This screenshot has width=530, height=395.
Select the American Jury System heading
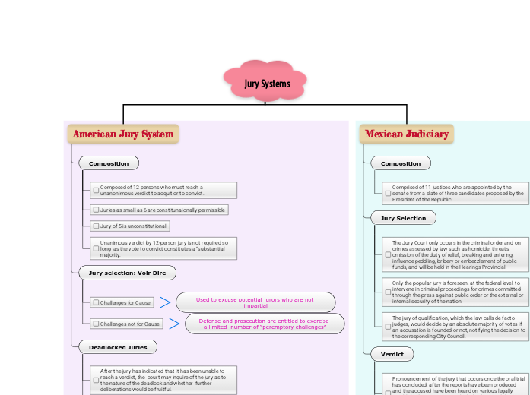(123, 134)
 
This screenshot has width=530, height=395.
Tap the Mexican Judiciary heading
(406, 134)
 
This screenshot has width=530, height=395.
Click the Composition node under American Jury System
(109, 163)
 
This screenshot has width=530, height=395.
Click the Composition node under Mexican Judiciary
(400, 163)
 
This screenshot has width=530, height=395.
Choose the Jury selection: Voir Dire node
(128, 273)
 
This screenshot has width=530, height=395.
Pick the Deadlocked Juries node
(118, 347)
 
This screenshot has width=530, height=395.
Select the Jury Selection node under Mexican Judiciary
(403, 218)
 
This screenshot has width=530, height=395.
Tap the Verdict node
(392, 354)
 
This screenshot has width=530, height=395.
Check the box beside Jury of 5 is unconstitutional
(95, 226)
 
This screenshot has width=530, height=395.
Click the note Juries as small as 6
(162, 210)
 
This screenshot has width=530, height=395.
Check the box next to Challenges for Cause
(95, 302)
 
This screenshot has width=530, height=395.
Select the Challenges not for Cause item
(129, 324)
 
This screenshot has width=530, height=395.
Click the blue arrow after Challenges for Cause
(165, 302)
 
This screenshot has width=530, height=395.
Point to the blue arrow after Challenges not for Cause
(173, 324)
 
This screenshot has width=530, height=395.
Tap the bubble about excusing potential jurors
(255, 302)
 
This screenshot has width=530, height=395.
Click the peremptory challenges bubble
(263, 324)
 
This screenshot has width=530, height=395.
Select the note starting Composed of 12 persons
(164, 190)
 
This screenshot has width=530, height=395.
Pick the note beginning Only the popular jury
(456, 292)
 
